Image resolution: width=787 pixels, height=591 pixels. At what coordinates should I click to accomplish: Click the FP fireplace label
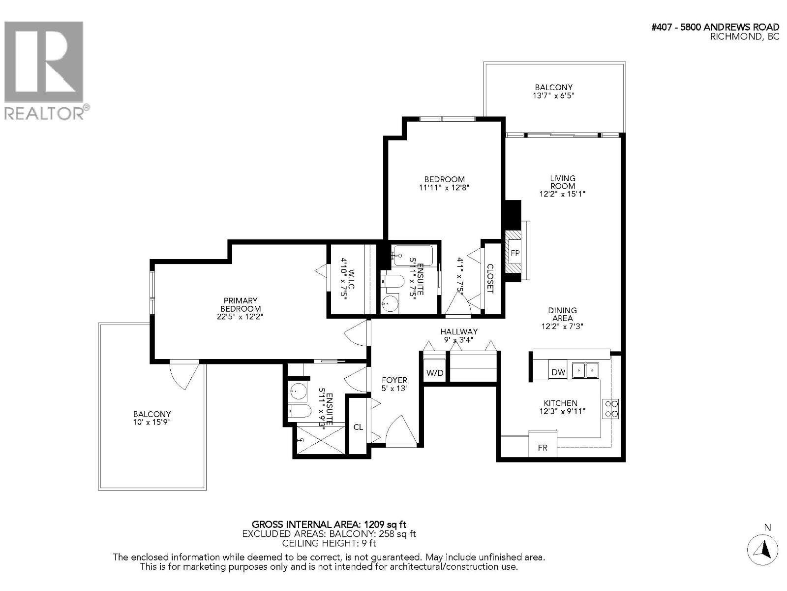515,254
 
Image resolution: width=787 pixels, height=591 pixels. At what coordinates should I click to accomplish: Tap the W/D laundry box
434,373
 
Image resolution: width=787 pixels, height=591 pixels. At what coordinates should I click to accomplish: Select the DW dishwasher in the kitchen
558,372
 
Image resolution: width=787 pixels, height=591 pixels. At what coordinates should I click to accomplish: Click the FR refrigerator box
543,447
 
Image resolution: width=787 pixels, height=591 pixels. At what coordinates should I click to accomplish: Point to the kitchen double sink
585,370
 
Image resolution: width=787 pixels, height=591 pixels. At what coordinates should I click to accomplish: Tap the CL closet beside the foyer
358,427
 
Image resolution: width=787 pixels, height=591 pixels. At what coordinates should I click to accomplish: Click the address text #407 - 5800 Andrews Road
715,28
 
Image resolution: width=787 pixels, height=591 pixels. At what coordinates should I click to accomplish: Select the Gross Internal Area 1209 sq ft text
329,524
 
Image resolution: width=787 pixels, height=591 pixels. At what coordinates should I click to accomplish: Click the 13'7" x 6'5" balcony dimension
554,96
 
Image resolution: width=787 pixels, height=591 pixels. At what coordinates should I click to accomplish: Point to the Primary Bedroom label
241,308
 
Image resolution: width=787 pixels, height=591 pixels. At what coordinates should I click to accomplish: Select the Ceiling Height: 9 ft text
329,543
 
